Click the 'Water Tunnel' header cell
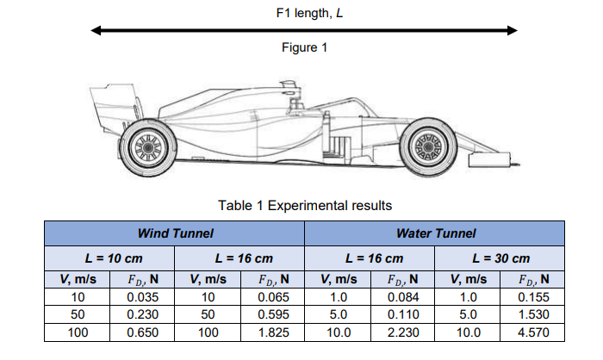(x=435, y=233)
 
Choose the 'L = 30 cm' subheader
(x=500, y=258)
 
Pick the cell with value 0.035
(x=142, y=297)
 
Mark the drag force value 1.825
(x=272, y=332)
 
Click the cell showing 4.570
(x=532, y=332)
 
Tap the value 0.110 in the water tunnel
(x=402, y=314)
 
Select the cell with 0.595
(x=272, y=314)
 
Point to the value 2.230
(x=402, y=332)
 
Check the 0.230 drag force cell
(x=142, y=314)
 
